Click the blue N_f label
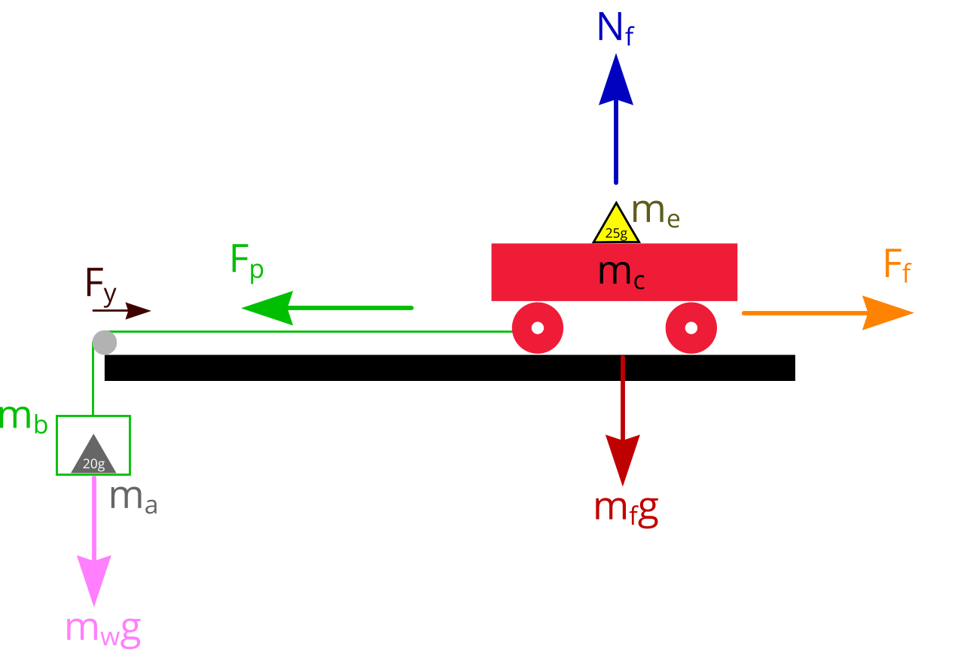coord(615,29)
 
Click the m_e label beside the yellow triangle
coord(656,212)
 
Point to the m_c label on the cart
coord(622,273)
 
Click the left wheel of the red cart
coord(538,328)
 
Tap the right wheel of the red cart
coord(691,328)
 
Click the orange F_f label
coord(896,266)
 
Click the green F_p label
coord(247,262)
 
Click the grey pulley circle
coord(105,343)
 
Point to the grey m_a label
coord(133,498)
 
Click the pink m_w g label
coord(103,629)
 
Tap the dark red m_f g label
coord(626,510)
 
